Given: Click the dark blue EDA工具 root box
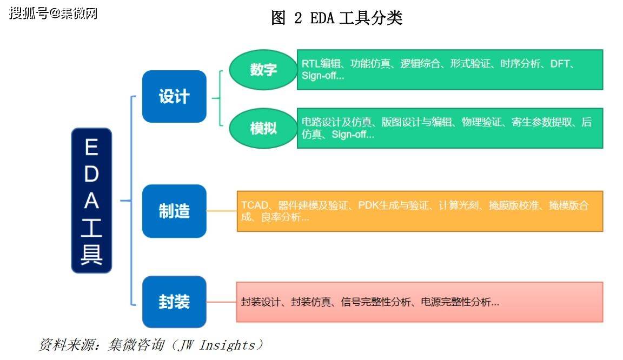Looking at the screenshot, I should pos(91,200).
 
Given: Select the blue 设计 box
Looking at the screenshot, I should pos(174,96).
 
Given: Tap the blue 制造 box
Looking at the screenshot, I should pos(174,211).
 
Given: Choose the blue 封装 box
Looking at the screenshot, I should pos(174,302).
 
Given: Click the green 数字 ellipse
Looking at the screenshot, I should pos(263,70).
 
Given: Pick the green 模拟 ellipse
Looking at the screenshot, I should pos(263,128).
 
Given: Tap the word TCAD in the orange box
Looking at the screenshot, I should pos(254,205).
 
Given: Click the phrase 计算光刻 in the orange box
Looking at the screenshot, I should pos(459,205).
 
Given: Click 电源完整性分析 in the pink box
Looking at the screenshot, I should pos(460,302).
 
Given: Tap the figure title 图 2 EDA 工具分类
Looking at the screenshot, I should pos(336,18).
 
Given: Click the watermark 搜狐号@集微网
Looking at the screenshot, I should pos(53,13).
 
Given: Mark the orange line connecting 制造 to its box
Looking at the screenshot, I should pos(221,211).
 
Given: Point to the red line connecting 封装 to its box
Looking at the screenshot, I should pos(221,302).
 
